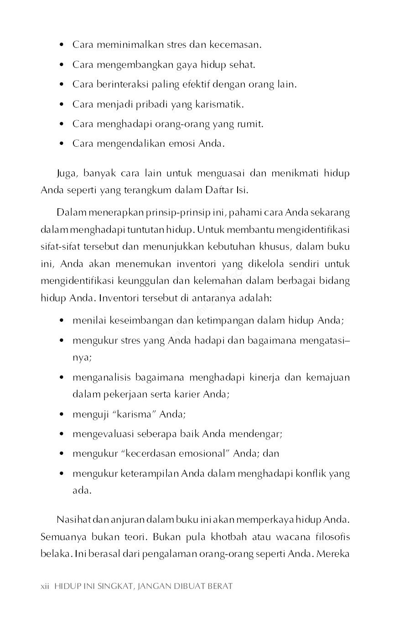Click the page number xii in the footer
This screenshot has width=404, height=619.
45,586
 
